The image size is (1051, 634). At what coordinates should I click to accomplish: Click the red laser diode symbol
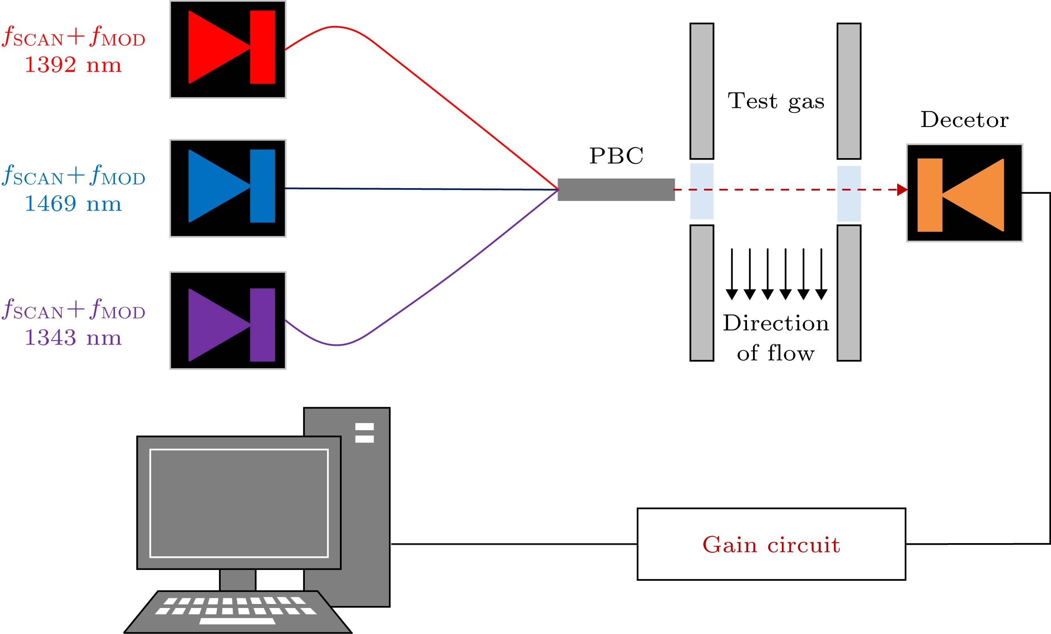(x=228, y=49)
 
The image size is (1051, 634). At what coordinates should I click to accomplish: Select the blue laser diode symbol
(x=228, y=188)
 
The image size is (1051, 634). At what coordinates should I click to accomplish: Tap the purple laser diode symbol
(x=228, y=320)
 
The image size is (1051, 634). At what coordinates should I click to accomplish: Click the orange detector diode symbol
(x=964, y=193)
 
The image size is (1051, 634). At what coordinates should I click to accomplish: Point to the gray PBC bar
(x=616, y=190)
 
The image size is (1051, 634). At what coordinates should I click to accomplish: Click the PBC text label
(x=616, y=156)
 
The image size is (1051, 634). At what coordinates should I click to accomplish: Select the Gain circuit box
(x=771, y=544)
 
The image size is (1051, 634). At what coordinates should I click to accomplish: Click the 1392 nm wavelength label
(x=73, y=65)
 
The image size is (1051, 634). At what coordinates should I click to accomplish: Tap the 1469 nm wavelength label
(x=73, y=204)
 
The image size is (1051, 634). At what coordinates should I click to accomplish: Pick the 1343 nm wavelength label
(x=73, y=338)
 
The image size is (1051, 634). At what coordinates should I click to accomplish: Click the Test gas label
(x=776, y=102)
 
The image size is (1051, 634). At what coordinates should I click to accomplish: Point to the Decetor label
(x=964, y=120)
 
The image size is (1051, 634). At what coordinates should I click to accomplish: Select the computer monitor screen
(x=239, y=503)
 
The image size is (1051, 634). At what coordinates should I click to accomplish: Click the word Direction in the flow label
(x=775, y=323)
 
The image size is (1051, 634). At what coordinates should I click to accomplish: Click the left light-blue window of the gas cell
(x=702, y=191)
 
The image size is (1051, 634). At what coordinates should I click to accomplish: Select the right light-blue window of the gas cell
(x=849, y=194)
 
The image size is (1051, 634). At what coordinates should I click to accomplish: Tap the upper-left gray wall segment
(x=702, y=91)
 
